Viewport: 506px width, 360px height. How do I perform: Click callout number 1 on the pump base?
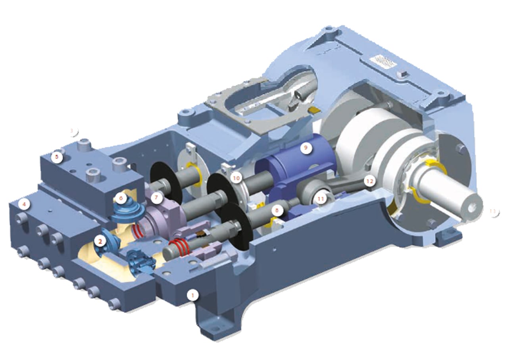[x=193, y=295]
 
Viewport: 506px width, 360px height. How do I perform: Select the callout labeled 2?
[x=101, y=240]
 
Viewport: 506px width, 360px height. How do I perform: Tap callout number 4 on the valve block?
[x=25, y=205]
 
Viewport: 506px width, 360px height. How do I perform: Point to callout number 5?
[x=57, y=156]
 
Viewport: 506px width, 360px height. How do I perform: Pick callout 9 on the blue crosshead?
[x=306, y=148]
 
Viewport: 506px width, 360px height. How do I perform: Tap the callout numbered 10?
[x=237, y=178]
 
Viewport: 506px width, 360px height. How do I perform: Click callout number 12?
[x=369, y=181]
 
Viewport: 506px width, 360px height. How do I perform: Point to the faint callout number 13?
[x=493, y=211]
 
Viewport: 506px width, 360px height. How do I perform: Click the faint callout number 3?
[x=72, y=130]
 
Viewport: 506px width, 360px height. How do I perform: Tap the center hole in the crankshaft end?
[x=471, y=207]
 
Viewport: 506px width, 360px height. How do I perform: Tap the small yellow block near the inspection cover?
[x=313, y=110]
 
